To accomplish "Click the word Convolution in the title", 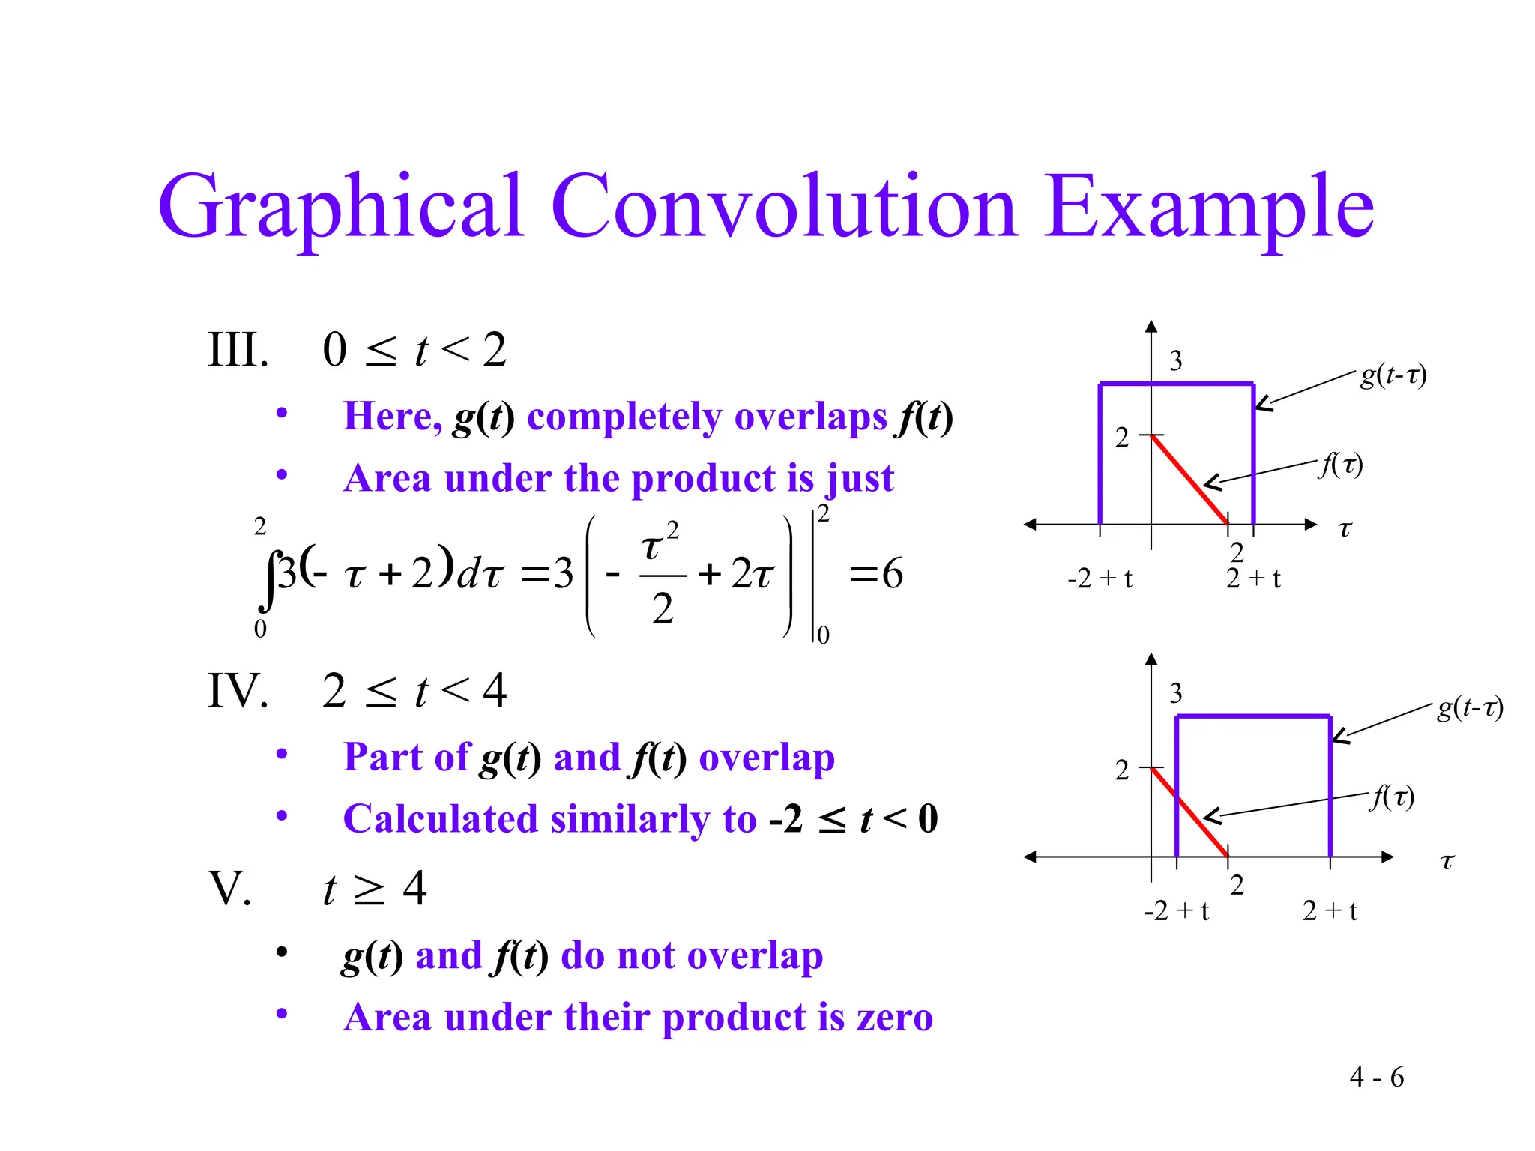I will click(784, 206).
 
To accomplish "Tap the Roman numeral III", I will click(238, 350).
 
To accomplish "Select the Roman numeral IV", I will click(238, 690).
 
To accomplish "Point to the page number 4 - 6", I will click(1376, 1078).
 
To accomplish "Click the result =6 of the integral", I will click(876, 575).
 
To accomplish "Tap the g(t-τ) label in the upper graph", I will click(1393, 375).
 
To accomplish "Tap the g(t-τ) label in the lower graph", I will click(1469, 707).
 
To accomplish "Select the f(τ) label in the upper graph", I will click(1341, 465).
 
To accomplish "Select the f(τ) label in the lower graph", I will click(1392, 797).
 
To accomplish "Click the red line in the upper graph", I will click(1189, 480).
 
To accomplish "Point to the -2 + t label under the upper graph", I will click(1100, 578).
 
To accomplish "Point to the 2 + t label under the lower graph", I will click(1330, 911).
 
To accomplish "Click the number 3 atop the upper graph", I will click(1175, 361).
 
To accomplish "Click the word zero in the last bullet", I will click(894, 1018).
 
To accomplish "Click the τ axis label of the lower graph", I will click(1447, 862).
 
